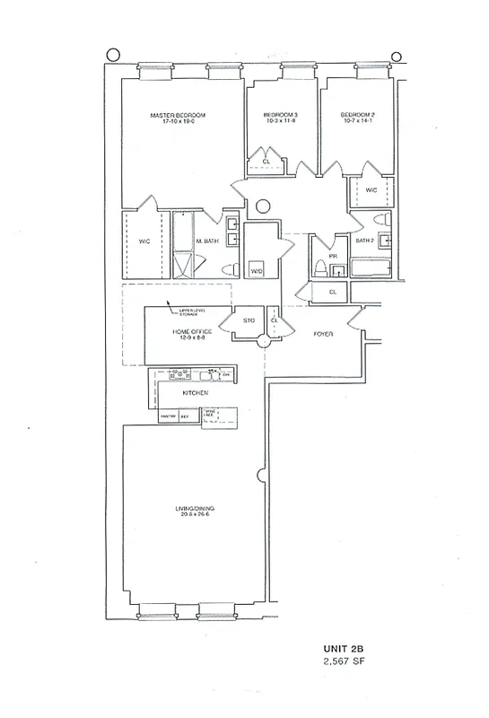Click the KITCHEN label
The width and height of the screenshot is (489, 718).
[196, 393]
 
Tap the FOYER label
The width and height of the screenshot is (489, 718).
[323, 333]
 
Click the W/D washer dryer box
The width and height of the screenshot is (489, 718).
[257, 270]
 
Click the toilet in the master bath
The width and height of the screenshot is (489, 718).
[228, 269]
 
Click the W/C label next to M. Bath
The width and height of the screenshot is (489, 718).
[144, 241]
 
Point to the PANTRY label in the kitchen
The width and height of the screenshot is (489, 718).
[168, 416]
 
